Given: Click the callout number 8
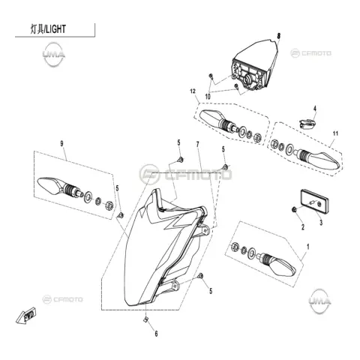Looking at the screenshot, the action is pyautogui.click(x=279, y=36).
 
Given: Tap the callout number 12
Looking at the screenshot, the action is pyautogui.click(x=193, y=91).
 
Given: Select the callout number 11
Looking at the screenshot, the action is pyautogui.click(x=335, y=133).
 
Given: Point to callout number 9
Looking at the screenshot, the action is pyautogui.click(x=61, y=144).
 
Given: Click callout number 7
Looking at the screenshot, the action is pyautogui.click(x=198, y=144).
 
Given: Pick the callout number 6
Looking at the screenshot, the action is pyautogui.click(x=156, y=334).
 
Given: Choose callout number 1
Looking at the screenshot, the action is pyautogui.click(x=308, y=247).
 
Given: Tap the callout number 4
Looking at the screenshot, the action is pyautogui.click(x=315, y=109).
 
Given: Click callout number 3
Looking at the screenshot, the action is pyautogui.click(x=321, y=222).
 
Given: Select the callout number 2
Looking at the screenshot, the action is pyautogui.click(x=303, y=227).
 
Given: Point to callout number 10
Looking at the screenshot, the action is pyautogui.click(x=208, y=97).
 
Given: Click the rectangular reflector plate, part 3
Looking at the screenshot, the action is pyautogui.click(x=314, y=201).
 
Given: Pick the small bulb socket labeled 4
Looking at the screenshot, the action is pyautogui.click(x=307, y=124).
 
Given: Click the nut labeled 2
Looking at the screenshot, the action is pyautogui.click(x=294, y=209).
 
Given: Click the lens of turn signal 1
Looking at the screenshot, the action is pyautogui.click(x=283, y=268).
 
